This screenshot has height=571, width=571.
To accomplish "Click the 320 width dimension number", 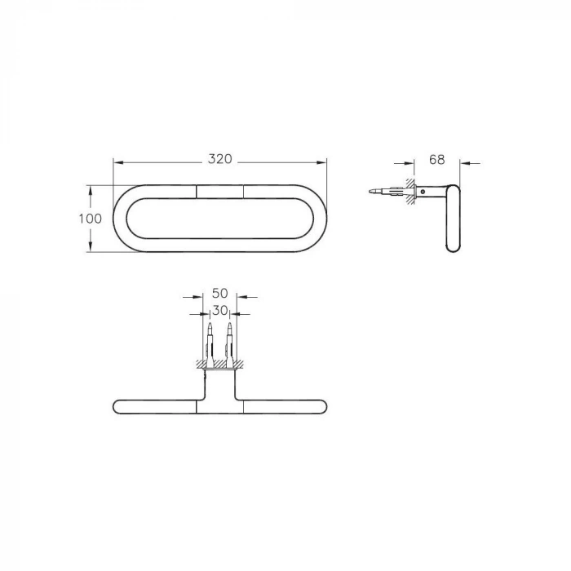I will coord(219,159).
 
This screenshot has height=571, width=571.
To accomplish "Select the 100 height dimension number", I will coord(91,219).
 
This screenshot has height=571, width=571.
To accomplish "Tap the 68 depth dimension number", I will coord(436,159).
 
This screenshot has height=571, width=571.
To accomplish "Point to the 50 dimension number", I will coord(219,293).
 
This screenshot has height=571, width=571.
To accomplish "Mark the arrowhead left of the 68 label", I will coord(411,162).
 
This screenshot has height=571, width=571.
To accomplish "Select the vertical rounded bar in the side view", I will coord(453,218).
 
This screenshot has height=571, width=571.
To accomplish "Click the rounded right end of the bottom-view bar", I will coord(323,405).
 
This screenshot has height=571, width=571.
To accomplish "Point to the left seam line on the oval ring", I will coord(197,192).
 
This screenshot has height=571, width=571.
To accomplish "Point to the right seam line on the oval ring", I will coord(243,192).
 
